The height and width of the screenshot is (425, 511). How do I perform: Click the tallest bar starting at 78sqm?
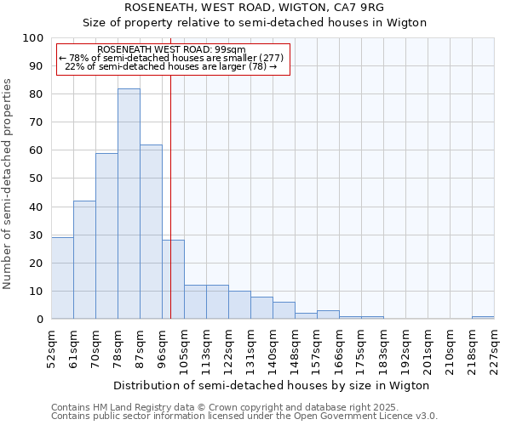[x=129, y=204]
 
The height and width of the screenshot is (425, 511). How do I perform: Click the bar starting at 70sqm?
[x=106, y=236]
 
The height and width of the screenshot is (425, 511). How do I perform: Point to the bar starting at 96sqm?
[x=173, y=280]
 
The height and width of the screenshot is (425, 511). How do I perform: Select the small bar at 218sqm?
[x=483, y=317]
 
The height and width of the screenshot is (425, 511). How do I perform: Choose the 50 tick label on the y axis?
[x=37, y=178]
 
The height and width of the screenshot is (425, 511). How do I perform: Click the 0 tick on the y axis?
[x=40, y=320]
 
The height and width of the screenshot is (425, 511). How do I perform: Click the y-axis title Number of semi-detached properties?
[x=9, y=184]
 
